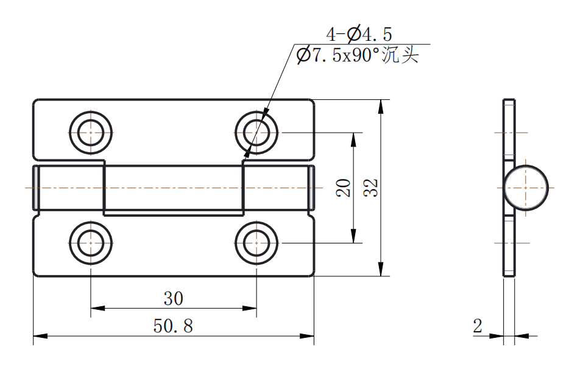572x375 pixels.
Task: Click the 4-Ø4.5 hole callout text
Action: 359,34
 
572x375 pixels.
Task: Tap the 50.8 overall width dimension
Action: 173,326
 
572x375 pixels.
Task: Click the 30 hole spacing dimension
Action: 173,298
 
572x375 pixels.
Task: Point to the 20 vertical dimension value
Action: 344,187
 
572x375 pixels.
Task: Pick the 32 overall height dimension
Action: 370,187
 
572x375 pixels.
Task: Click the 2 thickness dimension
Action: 478,326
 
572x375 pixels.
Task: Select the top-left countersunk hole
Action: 91,132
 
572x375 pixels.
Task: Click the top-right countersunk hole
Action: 256,132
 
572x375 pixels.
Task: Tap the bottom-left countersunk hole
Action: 91,243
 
